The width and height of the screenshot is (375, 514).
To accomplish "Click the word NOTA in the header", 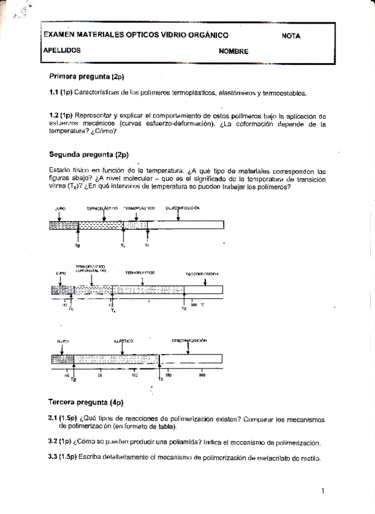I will tap(291, 36).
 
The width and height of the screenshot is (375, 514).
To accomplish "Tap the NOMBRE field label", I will tap(234, 52).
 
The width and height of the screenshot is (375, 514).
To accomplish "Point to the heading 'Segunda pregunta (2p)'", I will tap(88, 154).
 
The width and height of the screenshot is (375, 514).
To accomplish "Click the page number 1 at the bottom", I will tap(323, 491).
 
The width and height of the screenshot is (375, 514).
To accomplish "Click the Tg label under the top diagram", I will tap(78, 245).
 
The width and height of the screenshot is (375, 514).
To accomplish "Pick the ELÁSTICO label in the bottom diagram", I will tap(124, 341).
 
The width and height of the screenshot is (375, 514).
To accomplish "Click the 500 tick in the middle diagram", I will tap(194, 305).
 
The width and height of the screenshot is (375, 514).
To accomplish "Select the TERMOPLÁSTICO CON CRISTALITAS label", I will tap(91, 269).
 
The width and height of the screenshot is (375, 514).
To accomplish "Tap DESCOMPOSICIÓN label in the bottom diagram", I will tap(189, 341).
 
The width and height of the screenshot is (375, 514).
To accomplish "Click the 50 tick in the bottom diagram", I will tap(99, 376).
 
